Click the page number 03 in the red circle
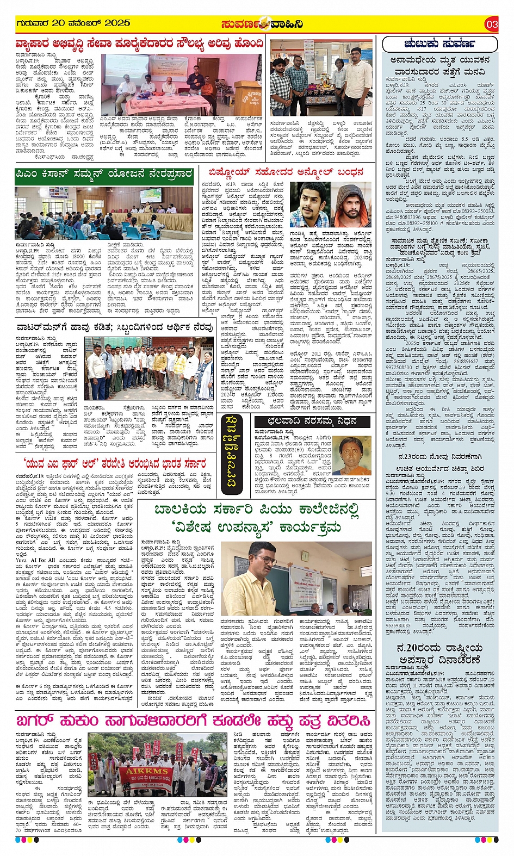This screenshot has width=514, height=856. coord(492,24)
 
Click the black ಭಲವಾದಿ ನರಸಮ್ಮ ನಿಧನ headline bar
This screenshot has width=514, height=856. coord(312,421)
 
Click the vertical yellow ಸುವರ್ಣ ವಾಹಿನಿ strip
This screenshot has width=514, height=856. coord(231,451)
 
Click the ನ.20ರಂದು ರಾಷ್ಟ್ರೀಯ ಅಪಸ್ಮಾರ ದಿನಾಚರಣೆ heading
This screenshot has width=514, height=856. coord(439,654)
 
